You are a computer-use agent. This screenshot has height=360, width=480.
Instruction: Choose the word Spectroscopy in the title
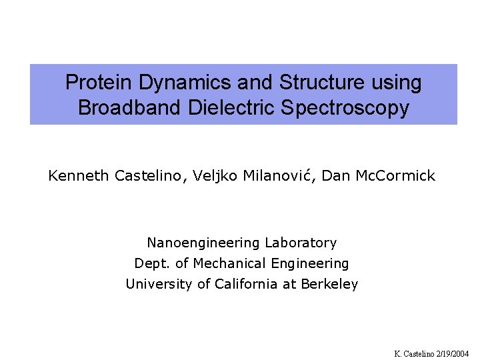coord(337,108)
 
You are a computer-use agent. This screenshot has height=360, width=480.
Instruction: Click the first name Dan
coord(334,176)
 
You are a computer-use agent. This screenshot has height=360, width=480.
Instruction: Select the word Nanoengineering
coord(203,243)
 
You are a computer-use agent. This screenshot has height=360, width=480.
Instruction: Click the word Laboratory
coord(301,243)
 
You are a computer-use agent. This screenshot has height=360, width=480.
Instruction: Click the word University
coord(159,284)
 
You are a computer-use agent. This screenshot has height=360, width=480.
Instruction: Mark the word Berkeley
coord(329,285)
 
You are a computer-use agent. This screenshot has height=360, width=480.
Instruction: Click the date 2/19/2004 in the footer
coord(454,353)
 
